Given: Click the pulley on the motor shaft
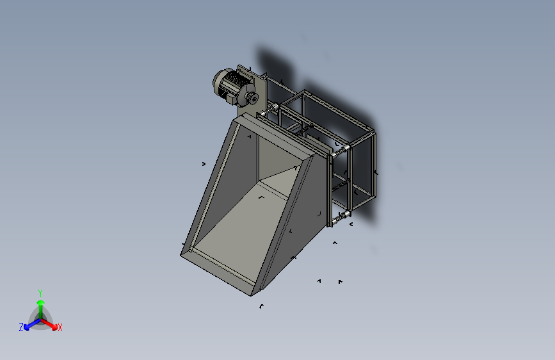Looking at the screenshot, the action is [x=252, y=97].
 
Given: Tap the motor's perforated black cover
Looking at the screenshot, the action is [x=234, y=78].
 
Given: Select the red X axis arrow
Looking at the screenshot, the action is [x=49, y=323].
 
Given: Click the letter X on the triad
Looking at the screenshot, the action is [x=60, y=328].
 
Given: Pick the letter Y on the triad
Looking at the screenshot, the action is [x=40, y=293].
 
